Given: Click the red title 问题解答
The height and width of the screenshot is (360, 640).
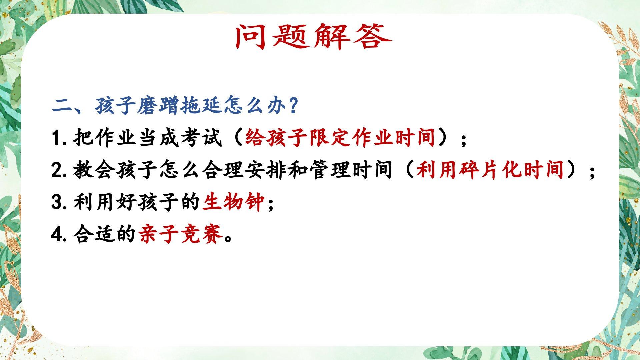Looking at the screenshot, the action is [314, 37].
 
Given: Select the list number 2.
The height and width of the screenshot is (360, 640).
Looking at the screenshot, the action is [57, 170].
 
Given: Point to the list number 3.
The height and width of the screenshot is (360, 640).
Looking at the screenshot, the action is [57, 202].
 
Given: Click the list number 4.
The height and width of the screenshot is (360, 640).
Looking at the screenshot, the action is [57, 234].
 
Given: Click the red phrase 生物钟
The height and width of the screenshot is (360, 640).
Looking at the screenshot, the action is [234, 202].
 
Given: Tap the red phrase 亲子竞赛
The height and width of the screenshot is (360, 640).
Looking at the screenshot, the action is [180, 234].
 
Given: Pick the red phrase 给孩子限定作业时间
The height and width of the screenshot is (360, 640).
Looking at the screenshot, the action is [340, 138].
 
